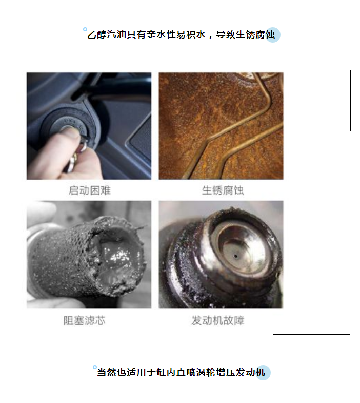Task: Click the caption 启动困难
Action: (x=89, y=190)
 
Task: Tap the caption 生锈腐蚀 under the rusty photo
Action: (x=223, y=190)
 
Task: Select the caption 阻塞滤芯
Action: (x=85, y=320)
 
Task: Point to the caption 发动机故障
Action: (x=217, y=320)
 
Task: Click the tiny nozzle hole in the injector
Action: (x=236, y=256)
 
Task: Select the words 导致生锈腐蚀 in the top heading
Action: (x=246, y=34)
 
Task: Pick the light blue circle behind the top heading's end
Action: (x=273, y=35)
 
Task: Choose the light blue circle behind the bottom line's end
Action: (x=263, y=372)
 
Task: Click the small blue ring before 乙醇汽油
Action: (x=85, y=29)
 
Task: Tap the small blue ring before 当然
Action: (x=95, y=367)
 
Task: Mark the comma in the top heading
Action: (x=211, y=37)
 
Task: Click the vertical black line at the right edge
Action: (x=350, y=101)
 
